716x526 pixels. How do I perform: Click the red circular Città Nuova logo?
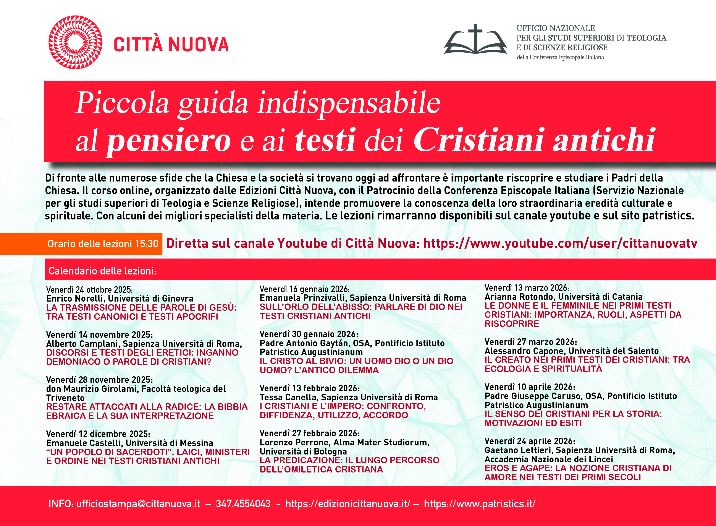[75, 42]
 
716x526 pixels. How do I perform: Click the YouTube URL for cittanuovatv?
[560, 243]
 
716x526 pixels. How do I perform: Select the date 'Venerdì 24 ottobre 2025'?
[89, 290]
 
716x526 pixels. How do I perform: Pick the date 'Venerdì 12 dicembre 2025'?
[98, 434]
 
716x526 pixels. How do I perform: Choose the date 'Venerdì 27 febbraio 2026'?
[310, 433]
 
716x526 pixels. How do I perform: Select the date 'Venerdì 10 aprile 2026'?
[530, 387]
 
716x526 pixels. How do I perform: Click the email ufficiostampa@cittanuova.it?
[138, 504]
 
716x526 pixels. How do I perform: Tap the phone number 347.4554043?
[243, 504]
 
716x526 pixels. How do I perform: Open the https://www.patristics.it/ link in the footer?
[480, 504]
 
